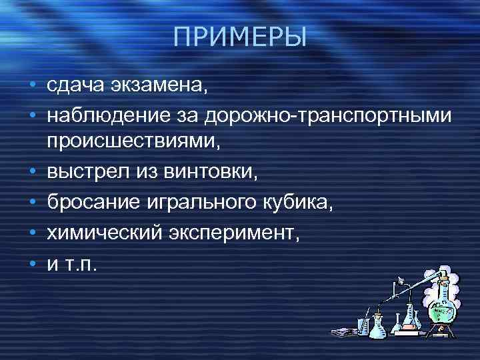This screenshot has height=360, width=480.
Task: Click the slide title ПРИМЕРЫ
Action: [239, 37]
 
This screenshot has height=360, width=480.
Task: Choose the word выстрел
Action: [83, 173]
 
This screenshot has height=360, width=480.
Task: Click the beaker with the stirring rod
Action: [364, 326]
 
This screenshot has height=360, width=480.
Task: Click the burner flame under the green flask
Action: [442, 333]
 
